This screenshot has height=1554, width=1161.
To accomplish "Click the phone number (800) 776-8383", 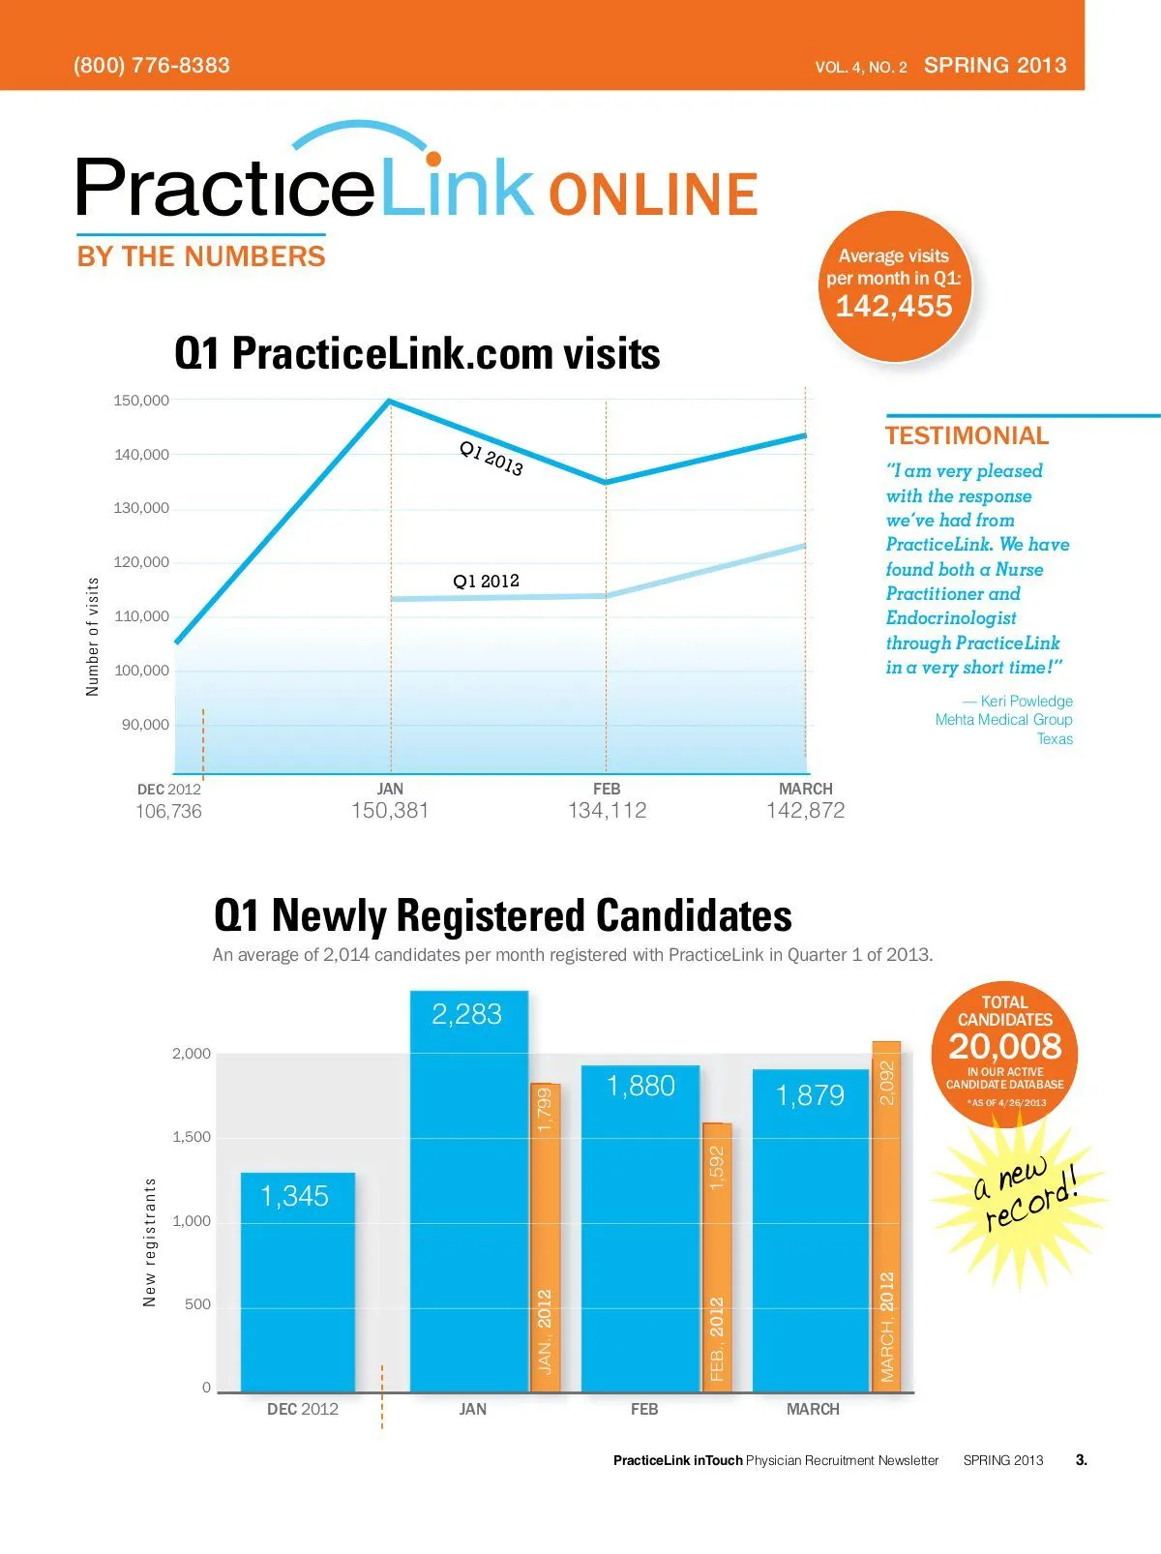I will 152,66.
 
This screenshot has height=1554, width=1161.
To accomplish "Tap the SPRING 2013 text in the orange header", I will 995,66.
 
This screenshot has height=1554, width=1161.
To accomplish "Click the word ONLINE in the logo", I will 653,194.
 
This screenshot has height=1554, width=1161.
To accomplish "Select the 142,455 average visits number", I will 894,307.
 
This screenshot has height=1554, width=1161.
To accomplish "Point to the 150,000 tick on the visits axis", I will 141,401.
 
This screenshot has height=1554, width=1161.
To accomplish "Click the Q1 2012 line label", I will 486,582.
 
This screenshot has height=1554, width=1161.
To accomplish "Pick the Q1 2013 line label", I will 491,459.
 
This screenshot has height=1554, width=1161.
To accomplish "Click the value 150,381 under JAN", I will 390,811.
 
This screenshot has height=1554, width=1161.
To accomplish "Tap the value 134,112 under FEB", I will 607,811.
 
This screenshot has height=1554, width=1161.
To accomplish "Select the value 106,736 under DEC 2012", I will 168,812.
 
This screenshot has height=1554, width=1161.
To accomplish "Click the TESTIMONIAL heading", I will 967,436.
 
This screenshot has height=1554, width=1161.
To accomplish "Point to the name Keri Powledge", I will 1026,702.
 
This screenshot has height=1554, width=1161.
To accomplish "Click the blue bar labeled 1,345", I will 298,1282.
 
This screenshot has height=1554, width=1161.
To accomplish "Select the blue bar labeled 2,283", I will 469,1190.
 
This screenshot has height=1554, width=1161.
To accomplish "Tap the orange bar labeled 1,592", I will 717,1258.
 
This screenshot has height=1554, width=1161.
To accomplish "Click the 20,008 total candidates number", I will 1005,1047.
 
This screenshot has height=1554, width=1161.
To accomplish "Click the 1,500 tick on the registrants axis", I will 192,1138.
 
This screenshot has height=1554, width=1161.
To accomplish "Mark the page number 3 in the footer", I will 1081,1460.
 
